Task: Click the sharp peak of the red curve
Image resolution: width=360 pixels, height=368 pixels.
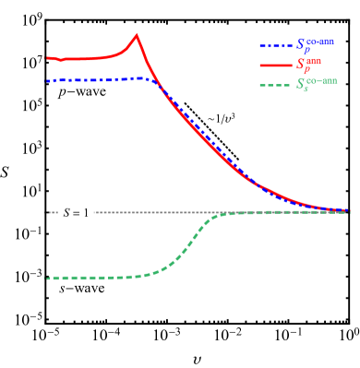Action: (137, 36)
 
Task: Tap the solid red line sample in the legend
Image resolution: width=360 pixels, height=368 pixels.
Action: (275, 65)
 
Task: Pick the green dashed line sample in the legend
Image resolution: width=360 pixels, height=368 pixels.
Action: (275, 85)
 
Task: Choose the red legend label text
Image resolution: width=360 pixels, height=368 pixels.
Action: (308, 65)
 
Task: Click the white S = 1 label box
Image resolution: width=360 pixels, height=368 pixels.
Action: (75, 213)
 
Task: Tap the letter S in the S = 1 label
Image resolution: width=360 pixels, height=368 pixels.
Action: (66, 213)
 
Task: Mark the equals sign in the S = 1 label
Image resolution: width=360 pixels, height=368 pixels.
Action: (76, 213)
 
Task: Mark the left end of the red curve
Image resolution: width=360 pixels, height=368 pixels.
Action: (48, 58)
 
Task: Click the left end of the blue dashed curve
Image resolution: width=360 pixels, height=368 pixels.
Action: (48, 81)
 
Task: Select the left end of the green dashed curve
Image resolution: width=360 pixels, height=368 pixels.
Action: (48, 278)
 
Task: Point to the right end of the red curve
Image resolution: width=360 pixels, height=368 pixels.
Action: (349, 211)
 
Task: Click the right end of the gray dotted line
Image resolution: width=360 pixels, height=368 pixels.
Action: (349, 213)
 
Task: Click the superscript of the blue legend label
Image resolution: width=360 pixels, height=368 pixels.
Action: (320, 42)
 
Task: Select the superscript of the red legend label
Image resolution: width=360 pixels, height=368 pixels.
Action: (314, 61)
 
